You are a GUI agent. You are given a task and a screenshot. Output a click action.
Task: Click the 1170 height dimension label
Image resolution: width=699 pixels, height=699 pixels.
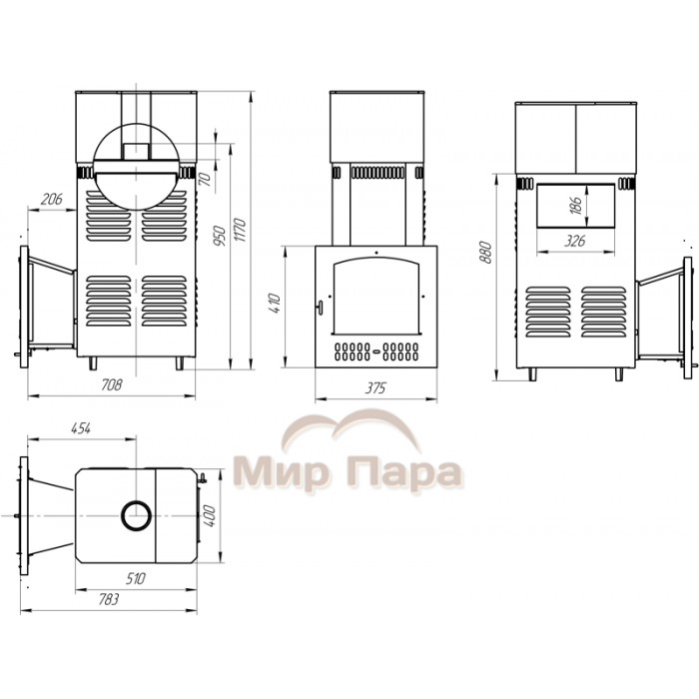[240, 230]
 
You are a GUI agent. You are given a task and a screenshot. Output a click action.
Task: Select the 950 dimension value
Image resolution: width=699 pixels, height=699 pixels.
[220, 237]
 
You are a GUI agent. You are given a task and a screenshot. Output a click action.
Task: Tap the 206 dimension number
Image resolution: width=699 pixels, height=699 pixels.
[52, 199]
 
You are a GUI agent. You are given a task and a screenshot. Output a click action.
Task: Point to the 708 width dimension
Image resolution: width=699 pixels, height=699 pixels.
[112, 384]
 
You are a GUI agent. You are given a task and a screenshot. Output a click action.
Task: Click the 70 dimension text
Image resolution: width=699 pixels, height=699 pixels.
[205, 179]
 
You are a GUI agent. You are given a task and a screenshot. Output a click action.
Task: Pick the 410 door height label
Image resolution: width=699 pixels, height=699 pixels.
[275, 304]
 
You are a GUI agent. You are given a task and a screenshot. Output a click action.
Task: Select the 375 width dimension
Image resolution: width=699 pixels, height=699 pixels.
[374, 388]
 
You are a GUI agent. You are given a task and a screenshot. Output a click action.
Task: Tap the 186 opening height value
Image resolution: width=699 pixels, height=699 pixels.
[576, 206]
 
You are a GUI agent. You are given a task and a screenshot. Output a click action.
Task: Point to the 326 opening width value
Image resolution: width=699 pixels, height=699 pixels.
[574, 242]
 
